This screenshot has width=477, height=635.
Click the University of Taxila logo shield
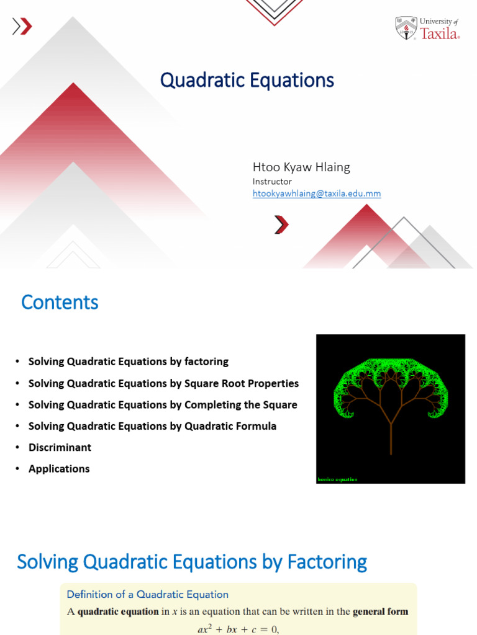pos(406,28)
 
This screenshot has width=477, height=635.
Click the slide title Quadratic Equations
pos(247,80)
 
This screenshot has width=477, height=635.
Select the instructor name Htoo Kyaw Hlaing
pos(301,167)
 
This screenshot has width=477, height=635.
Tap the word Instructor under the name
pos(272,182)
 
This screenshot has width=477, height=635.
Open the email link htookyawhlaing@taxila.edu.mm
pos(316,193)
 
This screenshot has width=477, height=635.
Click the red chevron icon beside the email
pos(281,224)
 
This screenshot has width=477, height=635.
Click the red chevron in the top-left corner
pos(24,26)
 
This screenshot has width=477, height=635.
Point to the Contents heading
pos(60,302)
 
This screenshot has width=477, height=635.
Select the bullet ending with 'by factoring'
pos(129,362)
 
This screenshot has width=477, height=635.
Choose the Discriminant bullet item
pos(60,448)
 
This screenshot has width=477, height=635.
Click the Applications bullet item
pos(59,469)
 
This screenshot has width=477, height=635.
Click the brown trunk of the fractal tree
pos(391,440)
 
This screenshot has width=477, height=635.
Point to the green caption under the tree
pos(337,479)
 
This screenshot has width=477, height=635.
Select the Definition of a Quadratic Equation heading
pos(148,594)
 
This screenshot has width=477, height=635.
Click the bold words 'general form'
pos(381,611)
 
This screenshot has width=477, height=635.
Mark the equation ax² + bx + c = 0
pos(238,628)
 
